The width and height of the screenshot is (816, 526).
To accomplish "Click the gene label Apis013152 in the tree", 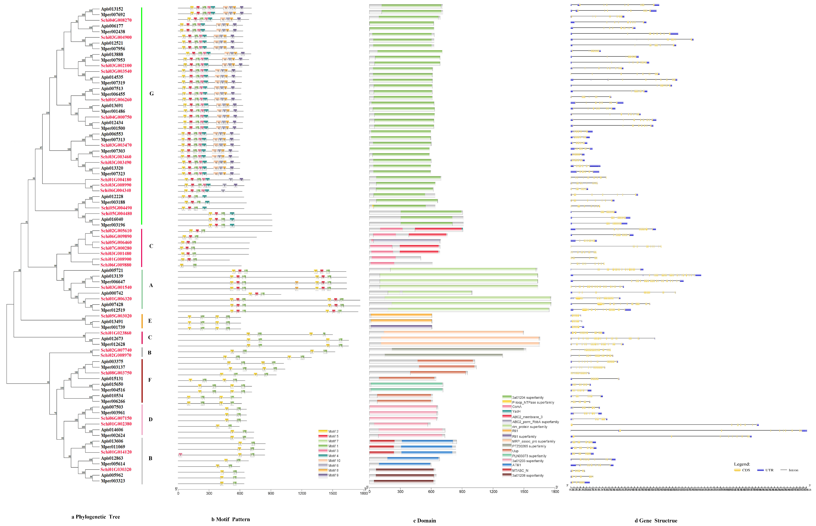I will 112,9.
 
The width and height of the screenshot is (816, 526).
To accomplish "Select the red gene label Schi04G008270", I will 116,20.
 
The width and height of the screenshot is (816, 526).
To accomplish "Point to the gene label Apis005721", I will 112,271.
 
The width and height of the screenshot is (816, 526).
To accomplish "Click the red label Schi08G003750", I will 116,373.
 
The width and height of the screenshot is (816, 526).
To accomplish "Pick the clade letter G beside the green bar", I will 151,94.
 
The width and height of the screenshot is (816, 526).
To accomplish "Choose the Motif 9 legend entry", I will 333,475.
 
